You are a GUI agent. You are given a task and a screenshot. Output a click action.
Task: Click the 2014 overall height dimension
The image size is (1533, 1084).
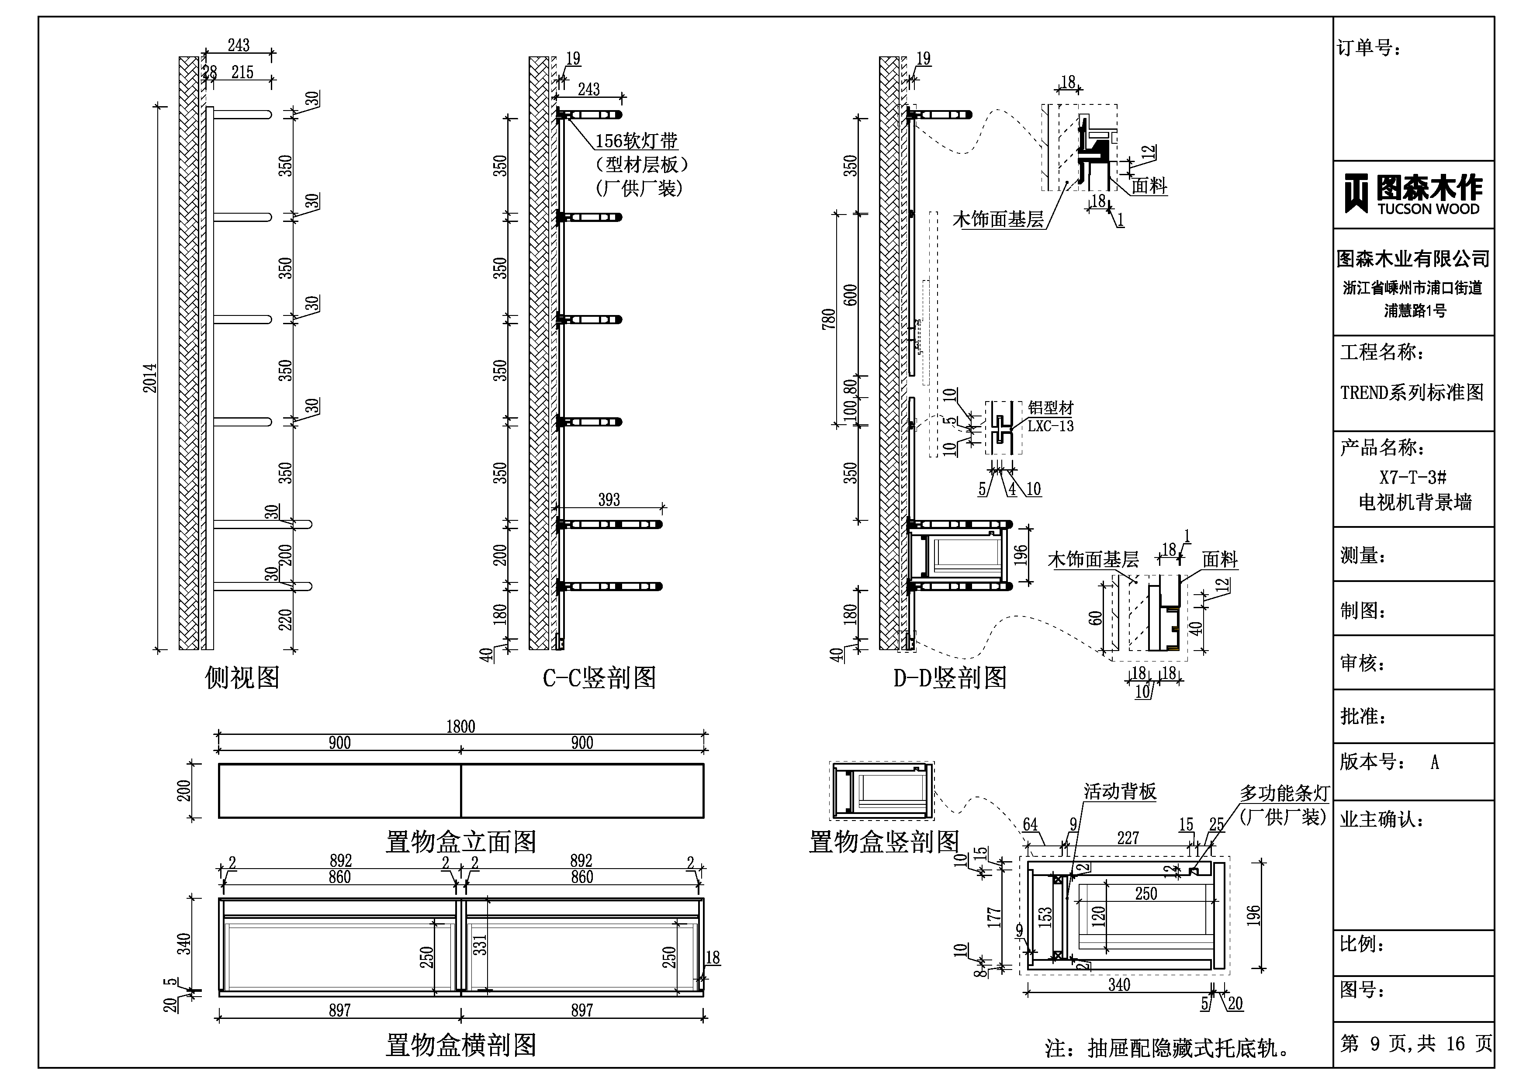click(x=150, y=378)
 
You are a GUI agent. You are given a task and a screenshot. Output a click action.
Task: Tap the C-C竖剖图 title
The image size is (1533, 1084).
click(x=599, y=678)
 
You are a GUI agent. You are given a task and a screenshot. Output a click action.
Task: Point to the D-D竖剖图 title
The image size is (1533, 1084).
click(x=949, y=678)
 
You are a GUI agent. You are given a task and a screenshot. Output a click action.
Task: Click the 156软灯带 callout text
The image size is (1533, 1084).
click(x=636, y=141)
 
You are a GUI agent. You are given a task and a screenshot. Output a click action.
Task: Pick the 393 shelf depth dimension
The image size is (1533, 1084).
click(x=609, y=499)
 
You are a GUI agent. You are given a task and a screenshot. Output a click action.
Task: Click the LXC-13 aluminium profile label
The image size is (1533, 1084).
click(x=1050, y=426)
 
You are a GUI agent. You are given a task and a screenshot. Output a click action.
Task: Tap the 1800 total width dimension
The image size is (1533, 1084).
click(x=461, y=727)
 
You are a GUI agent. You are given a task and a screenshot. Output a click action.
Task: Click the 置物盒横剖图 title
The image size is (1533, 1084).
click(x=461, y=1045)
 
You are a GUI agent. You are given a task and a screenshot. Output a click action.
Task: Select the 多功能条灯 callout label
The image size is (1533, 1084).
click(x=1284, y=793)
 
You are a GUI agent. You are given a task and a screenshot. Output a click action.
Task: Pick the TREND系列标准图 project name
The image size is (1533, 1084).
click(x=1412, y=392)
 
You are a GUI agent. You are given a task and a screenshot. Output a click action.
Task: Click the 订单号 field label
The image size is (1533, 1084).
click(x=1368, y=48)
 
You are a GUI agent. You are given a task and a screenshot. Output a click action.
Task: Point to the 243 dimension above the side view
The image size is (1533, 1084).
click(x=239, y=45)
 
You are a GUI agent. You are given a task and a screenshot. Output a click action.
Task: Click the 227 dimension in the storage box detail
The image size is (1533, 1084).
click(x=1128, y=838)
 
